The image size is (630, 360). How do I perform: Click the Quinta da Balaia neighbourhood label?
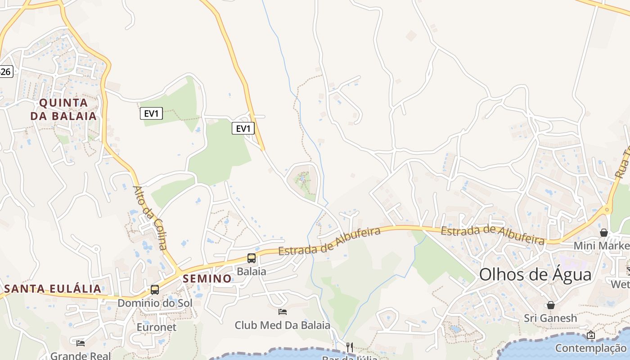point(63,109)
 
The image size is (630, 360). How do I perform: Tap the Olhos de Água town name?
point(535,274)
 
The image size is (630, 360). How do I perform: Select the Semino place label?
point(207,279)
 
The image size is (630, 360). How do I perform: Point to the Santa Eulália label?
point(53,288)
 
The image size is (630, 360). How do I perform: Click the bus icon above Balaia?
point(252,258)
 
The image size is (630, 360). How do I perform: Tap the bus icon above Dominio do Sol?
point(155,289)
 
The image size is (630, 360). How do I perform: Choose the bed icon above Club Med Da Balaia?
point(283,311)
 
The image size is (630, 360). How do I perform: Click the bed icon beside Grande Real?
point(81,343)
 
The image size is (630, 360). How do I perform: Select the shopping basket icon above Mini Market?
point(604,233)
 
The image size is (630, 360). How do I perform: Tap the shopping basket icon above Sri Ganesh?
point(550,305)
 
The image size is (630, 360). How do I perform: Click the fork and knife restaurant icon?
point(350,347)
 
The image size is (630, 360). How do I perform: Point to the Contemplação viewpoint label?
point(590,348)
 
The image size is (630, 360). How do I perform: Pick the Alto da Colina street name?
point(150,218)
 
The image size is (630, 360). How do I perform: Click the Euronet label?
point(157,327)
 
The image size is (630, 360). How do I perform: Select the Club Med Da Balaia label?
point(283,325)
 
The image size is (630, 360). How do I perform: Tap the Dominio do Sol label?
point(155,303)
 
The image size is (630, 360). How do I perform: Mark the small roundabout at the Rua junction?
point(607,210)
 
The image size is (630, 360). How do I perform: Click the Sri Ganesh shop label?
point(550,318)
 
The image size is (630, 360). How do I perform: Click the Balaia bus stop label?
point(252,271)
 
